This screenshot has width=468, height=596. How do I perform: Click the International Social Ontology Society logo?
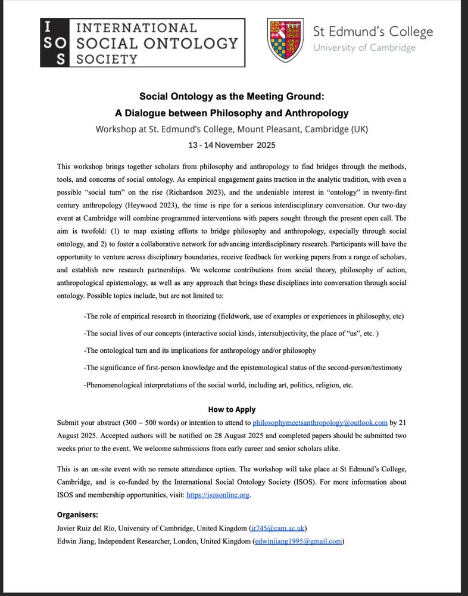[142, 42]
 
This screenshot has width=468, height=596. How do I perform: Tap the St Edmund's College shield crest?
[285, 40]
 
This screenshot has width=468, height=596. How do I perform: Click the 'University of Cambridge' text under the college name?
[364, 48]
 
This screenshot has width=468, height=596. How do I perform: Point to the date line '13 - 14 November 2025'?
[232, 145]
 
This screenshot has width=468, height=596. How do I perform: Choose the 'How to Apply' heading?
[232, 409]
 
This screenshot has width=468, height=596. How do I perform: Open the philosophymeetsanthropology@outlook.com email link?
[320, 422]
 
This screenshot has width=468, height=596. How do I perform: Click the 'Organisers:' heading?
[77, 514]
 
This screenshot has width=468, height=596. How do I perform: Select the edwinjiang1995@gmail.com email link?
[298, 541]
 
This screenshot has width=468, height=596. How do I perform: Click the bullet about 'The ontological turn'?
[200, 350]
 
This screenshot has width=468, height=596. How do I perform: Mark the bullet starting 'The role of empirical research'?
[244, 316]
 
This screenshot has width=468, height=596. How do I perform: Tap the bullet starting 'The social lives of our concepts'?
[232, 333]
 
